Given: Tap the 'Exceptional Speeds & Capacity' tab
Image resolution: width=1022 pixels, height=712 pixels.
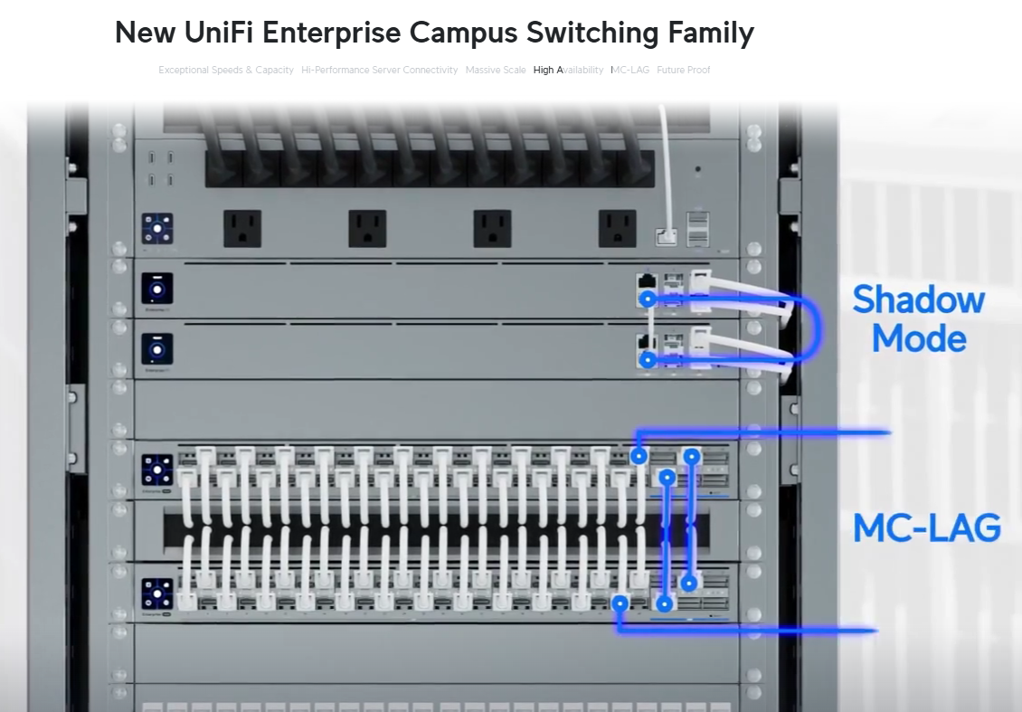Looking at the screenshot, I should [x=226, y=70].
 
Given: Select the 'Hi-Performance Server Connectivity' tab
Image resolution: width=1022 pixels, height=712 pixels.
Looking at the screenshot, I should [x=380, y=70].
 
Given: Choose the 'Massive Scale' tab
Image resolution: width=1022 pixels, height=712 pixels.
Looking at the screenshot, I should [x=496, y=70].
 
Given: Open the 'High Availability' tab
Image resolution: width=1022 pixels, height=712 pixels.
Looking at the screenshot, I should [x=568, y=70].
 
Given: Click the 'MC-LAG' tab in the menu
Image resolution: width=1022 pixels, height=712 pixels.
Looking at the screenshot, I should [x=629, y=70].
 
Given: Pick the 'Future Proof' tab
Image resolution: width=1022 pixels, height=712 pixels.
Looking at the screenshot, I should [x=684, y=70].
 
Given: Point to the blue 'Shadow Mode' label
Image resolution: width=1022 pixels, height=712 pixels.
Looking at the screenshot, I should [x=918, y=318].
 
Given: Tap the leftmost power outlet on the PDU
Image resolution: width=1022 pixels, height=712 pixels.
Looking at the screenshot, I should [x=242, y=228].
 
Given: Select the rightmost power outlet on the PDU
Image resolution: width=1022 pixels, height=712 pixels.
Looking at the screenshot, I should [x=617, y=228].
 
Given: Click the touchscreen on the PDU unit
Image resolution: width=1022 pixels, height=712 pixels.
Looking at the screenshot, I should [x=157, y=229].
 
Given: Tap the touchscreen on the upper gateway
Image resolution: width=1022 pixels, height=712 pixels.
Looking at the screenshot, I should [x=157, y=289].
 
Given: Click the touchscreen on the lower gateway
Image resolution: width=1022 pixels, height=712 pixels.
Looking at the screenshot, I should [x=157, y=349].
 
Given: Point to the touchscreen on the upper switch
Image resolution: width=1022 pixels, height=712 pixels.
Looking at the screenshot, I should [x=157, y=470].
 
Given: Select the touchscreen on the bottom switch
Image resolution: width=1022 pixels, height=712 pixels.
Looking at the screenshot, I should [x=157, y=593].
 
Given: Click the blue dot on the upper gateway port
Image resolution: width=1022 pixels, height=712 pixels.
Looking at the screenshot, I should [x=647, y=299].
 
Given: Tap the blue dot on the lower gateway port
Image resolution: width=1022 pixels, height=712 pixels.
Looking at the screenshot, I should [x=647, y=359].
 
